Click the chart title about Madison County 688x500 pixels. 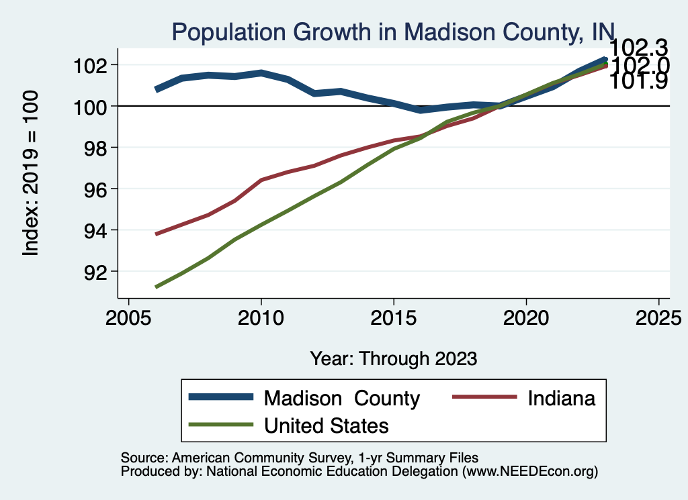pyautogui.click(x=393, y=32)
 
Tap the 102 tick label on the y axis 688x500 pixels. pyautogui.click(x=91, y=65)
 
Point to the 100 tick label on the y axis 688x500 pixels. pyautogui.click(x=91, y=106)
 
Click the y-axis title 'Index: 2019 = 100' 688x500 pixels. pyautogui.click(x=31, y=174)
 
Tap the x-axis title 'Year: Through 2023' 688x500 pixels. pyautogui.click(x=393, y=358)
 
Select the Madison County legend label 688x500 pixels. pyautogui.click(x=342, y=398)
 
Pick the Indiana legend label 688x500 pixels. pyautogui.click(x=562, y=398)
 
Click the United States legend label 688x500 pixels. pyautogui.click(x=327, y=425)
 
